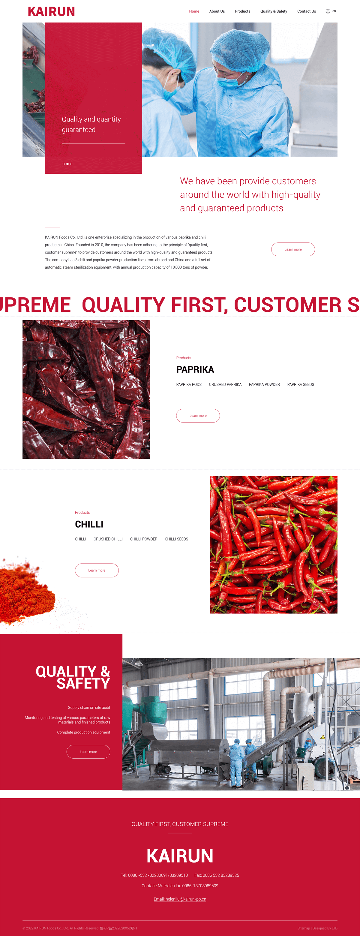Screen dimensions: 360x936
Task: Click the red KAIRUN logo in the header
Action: tap(51, 12)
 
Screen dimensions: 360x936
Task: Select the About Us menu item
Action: tap(217, 11)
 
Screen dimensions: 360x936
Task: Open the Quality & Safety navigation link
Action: tap(274, 11)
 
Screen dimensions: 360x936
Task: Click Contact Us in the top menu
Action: tap(307, 11)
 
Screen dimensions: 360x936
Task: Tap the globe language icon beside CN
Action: tap(328, 11)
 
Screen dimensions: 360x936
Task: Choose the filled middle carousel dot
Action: tap(67, 164)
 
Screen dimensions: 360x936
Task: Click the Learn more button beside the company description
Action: tap(293, 249)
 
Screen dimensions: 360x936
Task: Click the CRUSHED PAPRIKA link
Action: tap(225, 384)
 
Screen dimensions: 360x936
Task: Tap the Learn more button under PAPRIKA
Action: tap(198, 416)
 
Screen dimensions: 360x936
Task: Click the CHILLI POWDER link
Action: tap(143, 539)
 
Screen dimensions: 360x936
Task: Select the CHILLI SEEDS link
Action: tap(176, 539)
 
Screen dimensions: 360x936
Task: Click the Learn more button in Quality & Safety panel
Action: tap(88, 752)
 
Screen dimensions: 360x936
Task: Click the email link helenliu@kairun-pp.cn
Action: tap(180, 899)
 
